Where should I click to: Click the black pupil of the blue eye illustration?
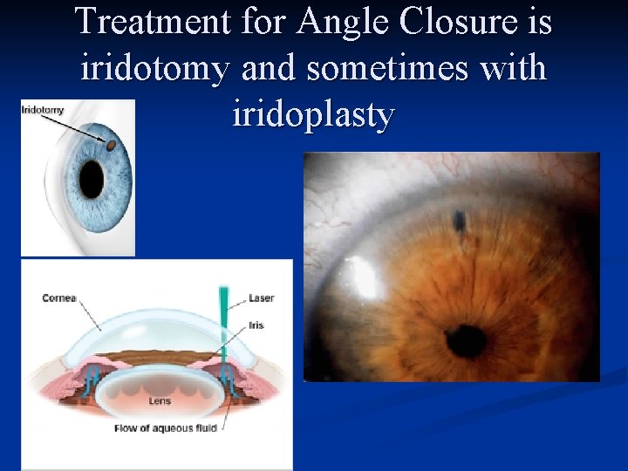(x=91, y=178)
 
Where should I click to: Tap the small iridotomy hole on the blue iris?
(x=111, y=147)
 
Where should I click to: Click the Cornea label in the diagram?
(x=59, y=298)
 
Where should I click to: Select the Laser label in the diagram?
(x=261, y=298)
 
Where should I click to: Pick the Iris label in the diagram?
(x=256, y=325)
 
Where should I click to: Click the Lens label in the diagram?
(x=160, y=400)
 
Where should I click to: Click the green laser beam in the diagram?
(x=224, y=323)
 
